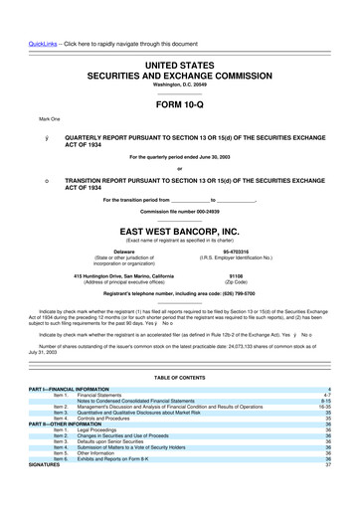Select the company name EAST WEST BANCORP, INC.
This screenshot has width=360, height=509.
click(x=179, y=227)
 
